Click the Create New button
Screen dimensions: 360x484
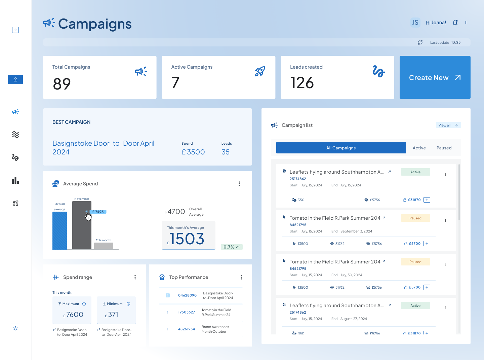[x=435, y=77]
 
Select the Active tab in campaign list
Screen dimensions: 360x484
[x=419, y=148]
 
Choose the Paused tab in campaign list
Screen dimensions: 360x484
[x=444, y=148]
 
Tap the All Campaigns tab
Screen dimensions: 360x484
[x=341, y=148]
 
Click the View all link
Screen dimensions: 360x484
[x=448, y=125]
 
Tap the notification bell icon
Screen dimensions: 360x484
[x=455, y=23]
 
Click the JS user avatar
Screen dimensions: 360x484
[x=415, y=23]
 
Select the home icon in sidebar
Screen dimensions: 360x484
[x=15, y=79]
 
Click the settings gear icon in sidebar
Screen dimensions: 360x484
[x=15, y=328]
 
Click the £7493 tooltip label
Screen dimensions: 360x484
[x=98, y=212]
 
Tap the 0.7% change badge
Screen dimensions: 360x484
[x=231, y=247]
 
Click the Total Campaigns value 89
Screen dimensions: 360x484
[x=62, y=84]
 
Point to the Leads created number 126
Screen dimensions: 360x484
[x=302, y=83]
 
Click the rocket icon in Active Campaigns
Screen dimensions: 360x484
[x=260, y=71]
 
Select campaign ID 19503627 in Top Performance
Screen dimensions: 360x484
[x=186, y=312]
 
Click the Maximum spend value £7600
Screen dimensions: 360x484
[x=74, y=315]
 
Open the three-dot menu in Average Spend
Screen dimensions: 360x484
[x=239, y=184]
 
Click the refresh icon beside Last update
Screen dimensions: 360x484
[x=420, y=42]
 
